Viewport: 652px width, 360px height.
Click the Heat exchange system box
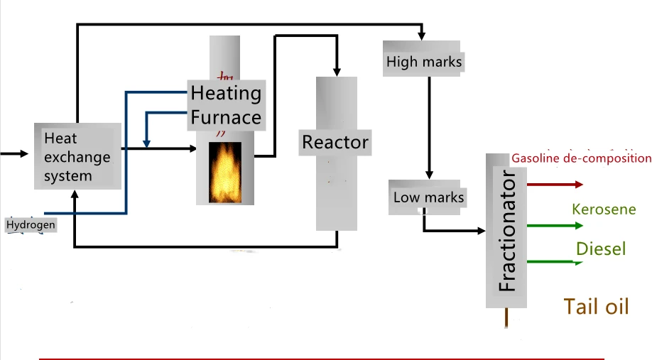(77, 156)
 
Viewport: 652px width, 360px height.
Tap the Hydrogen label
(31, 225)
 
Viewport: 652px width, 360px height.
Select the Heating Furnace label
(226, 105)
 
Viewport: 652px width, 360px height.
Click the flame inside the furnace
(225, 173)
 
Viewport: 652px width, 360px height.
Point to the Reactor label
(335, 142)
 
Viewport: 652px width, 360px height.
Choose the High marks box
(423, 59)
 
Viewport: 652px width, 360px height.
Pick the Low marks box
(428, 197)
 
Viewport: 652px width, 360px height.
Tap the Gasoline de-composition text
(581, 158)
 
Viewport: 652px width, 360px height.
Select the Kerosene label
(604, 209)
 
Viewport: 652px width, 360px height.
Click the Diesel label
(601, 249)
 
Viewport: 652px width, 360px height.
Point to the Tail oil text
(596, 307)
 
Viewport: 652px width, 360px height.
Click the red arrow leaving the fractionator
(555, 185)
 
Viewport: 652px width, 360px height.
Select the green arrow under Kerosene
(555, 226)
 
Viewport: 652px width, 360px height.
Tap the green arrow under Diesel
(555, 262)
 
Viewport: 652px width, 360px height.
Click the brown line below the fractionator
(506, 317)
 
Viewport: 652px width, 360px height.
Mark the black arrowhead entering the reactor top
(337, 72)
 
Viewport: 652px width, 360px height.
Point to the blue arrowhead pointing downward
(146, 143)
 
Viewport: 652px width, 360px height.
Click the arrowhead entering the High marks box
(422, 36)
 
